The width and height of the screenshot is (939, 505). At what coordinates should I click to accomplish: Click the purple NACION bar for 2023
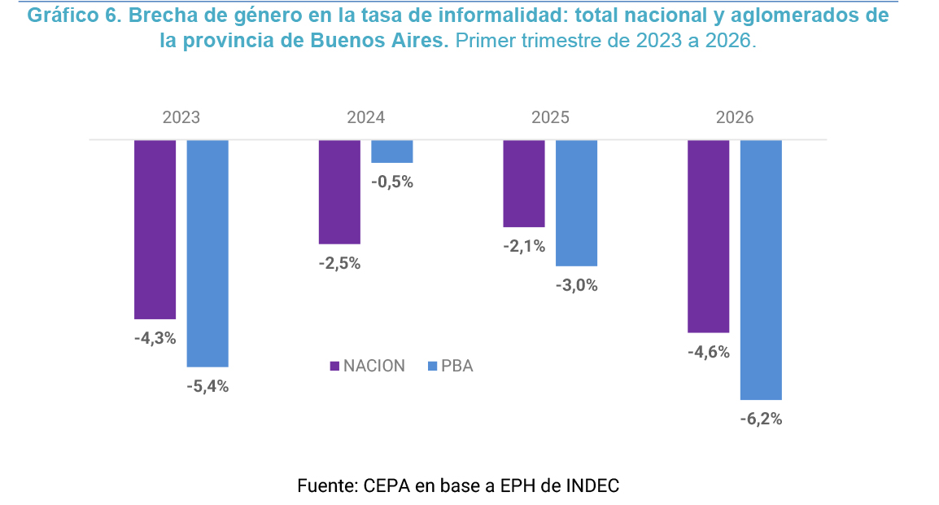155,230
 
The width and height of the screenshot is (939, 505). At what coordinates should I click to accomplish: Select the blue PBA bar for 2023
207,253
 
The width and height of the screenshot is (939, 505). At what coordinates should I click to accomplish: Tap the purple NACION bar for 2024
339,192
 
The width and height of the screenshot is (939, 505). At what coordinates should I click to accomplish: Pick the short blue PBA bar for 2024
392,151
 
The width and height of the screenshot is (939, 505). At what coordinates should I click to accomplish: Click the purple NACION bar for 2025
524,183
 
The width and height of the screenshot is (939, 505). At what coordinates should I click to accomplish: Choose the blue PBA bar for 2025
577,204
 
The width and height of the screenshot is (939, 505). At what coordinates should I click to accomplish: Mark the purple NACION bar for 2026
709,236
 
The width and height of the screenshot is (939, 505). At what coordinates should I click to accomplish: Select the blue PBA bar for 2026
761,270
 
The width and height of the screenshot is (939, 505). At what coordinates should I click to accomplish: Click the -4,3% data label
155,339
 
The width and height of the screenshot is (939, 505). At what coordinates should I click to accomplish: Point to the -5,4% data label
207,387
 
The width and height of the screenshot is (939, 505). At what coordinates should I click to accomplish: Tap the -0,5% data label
392,182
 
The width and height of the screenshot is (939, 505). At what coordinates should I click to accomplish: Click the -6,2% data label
761,419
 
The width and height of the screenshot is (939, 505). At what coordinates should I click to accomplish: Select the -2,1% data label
524,247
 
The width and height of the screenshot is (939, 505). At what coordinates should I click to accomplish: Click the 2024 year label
366,117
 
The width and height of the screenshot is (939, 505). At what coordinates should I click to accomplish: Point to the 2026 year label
735,117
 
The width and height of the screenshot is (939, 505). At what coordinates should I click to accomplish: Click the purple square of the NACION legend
334,366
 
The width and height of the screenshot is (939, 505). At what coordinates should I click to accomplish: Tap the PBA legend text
457,366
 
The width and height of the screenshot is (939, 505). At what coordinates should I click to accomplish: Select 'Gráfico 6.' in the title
75,15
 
